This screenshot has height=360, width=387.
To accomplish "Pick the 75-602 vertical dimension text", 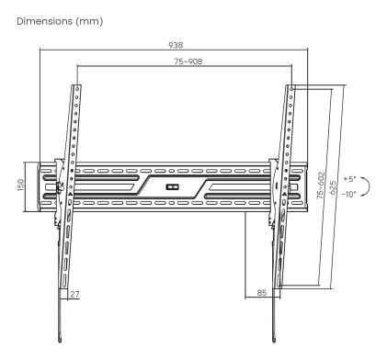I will pos(319,187).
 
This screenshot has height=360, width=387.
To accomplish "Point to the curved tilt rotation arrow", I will pos(366,186).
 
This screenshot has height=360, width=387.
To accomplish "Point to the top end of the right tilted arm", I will pos(291,86).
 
